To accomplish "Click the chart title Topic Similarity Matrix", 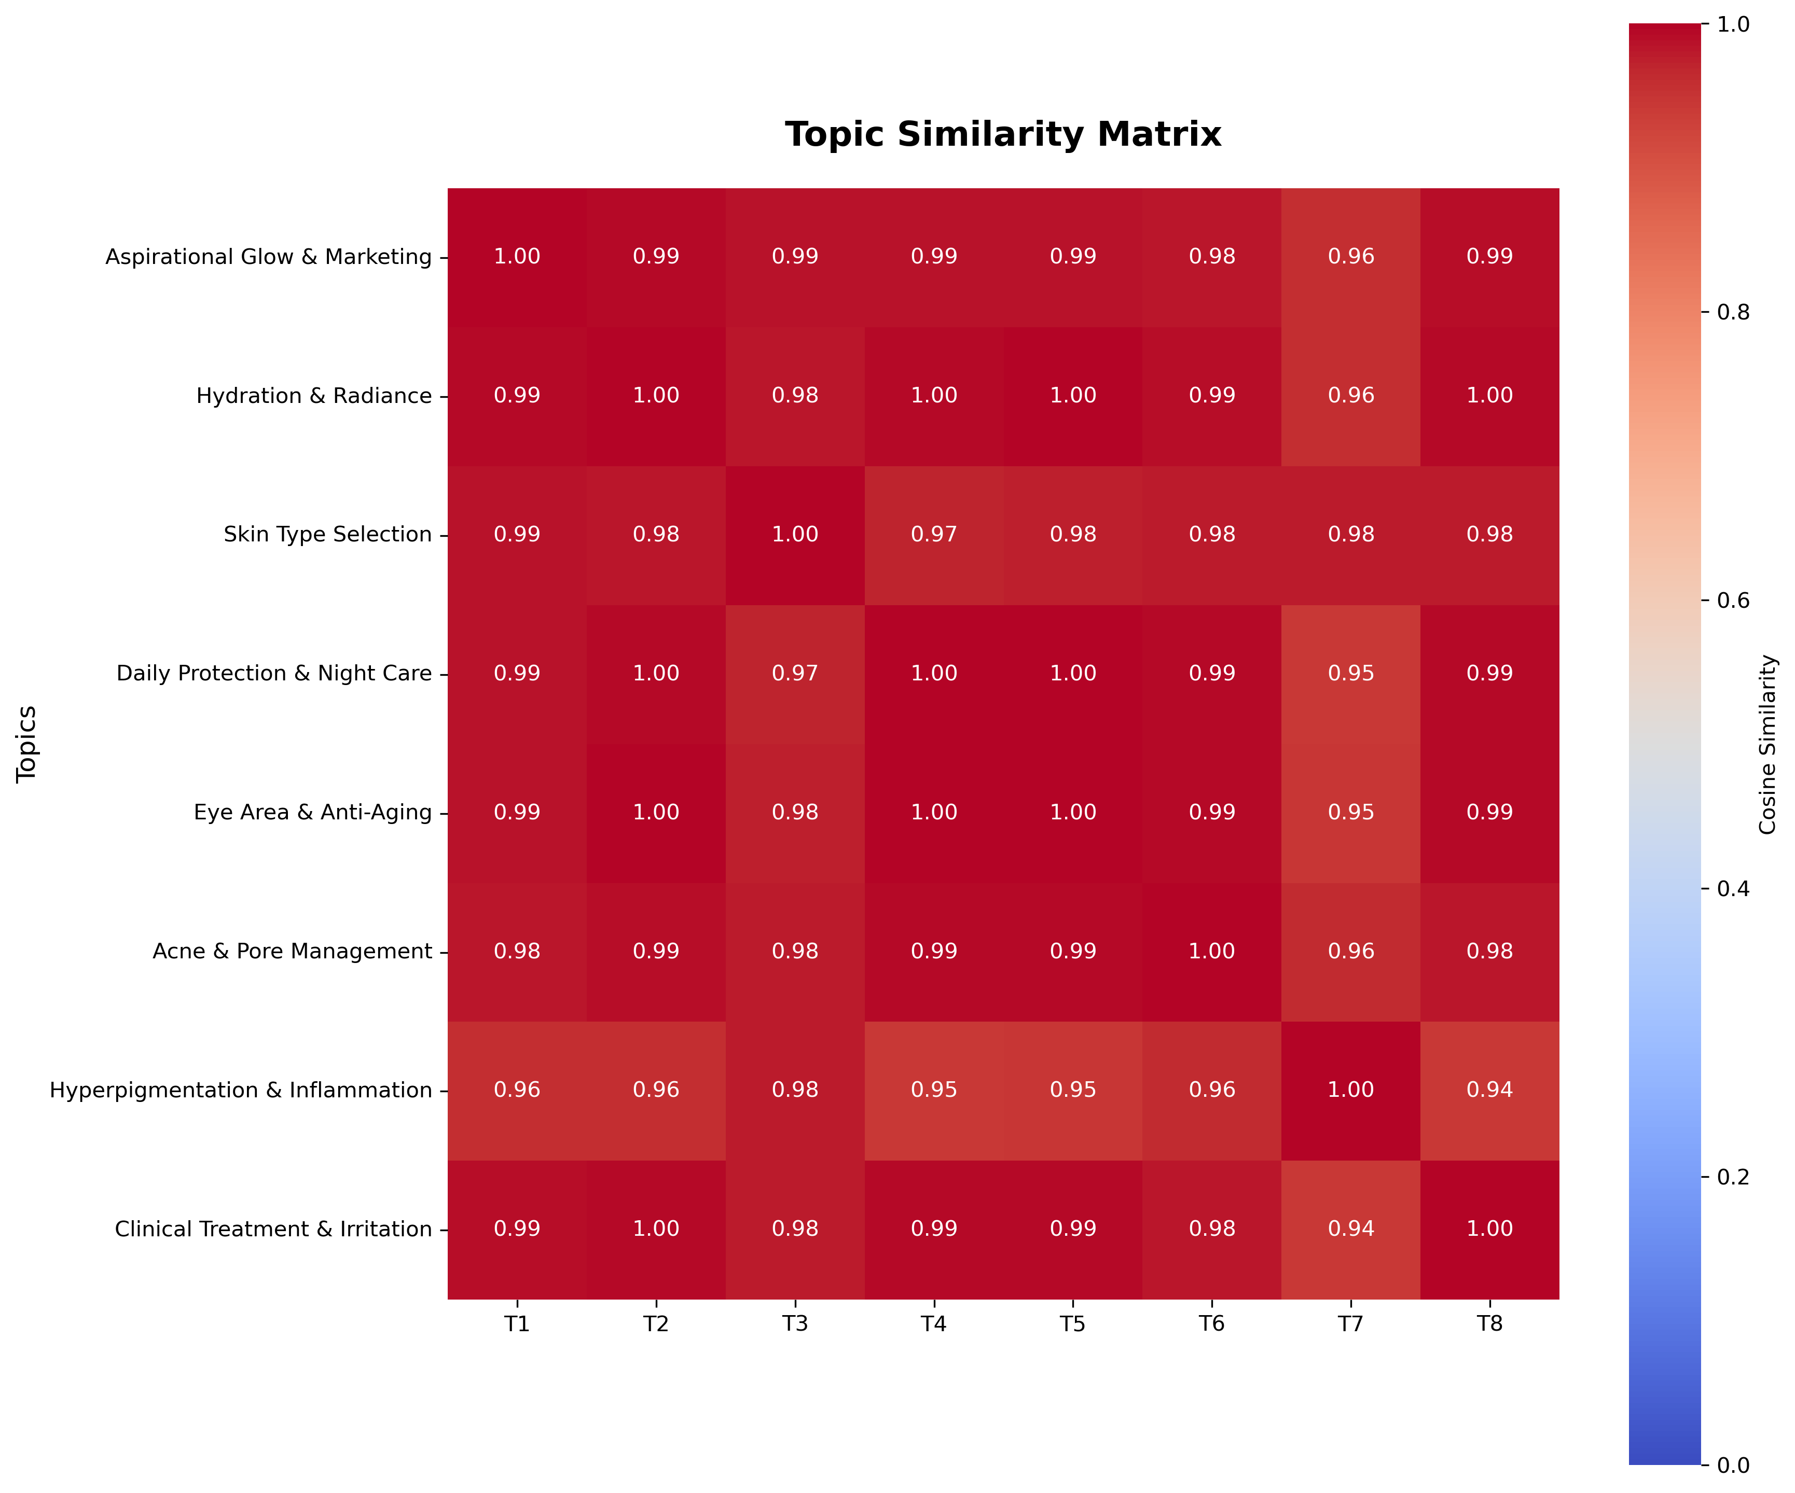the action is tap(1003, 135).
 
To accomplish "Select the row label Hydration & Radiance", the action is tap(314, 396).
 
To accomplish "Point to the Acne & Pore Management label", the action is tap(292, 951).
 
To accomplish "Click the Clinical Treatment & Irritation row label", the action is tap(273, 1229).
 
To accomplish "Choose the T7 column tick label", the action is tap(1350, 1324).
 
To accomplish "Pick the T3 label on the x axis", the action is tap(795, 1324).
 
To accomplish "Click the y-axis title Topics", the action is tap(27, 744).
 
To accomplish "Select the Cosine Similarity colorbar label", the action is tap(1768, 744).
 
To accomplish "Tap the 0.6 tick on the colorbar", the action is tap(1733, 600).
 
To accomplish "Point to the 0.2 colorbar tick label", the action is tap(1733, 1177).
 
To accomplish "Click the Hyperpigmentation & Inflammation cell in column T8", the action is tap(1490, 1091).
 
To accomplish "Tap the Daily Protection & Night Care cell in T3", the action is tap(795, 674).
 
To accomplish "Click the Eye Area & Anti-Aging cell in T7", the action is tap(1350, 813).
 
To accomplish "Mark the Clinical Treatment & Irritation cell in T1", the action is tap(517, 1229).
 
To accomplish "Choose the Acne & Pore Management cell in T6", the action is tap(1212, 951).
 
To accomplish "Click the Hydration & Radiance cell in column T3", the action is tap(795, 396).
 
